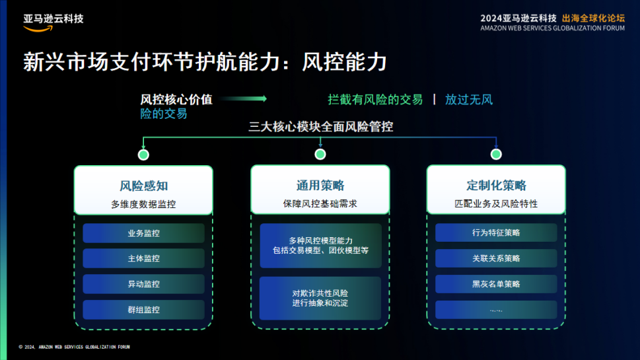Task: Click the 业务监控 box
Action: tap(143, 233)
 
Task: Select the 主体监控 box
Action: tap(143, 258)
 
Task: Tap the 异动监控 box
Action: tap(143, 284)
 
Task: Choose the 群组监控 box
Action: tap(143, 310)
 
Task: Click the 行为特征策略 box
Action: tap(496, 233)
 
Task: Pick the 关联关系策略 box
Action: tap(496, 258)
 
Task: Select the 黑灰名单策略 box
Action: tap(496, 284)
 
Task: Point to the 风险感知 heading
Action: tap(143, 186)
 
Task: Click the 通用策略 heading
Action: tap(320, 186)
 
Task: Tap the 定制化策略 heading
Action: tap(496, 186)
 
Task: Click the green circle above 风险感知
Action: tap(143, 155)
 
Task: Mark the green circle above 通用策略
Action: tap(320, 155)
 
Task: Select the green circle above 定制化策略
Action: tap(496, 155)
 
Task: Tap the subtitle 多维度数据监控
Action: tap(143, 204)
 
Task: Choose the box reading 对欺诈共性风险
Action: tap(320, 298)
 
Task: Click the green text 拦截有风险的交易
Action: tap(375, 100)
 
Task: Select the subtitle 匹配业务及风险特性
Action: tap(496, 204)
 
